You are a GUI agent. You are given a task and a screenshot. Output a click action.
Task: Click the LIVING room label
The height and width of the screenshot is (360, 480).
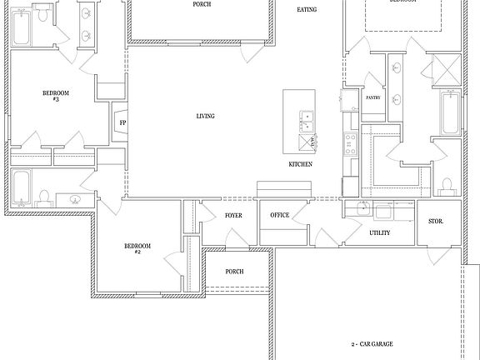point(205,116)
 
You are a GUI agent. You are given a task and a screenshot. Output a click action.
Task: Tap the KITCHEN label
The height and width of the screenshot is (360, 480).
point(300,164)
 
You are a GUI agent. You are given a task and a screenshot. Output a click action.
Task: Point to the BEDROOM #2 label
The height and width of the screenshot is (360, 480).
point(137,247)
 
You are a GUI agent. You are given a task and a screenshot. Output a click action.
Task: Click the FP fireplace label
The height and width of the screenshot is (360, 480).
point(122,124)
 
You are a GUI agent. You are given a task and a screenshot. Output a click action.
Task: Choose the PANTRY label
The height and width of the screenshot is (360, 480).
point(373,97)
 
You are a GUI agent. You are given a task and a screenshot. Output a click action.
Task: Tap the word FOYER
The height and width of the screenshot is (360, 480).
point(233,216)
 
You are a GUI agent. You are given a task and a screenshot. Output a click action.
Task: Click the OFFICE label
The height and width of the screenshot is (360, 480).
point(279,216)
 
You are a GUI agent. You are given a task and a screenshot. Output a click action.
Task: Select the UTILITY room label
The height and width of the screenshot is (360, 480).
point(380,232)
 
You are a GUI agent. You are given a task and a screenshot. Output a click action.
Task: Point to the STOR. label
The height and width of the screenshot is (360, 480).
point(435,222)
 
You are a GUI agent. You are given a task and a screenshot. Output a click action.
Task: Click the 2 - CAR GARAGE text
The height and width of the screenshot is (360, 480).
point(372,344)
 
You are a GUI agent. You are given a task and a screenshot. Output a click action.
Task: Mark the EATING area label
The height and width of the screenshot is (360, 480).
point(307,10)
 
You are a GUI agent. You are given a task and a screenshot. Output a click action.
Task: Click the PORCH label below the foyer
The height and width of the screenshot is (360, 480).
point(234,271)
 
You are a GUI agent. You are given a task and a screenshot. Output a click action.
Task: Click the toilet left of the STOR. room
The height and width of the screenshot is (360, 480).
point(447,185)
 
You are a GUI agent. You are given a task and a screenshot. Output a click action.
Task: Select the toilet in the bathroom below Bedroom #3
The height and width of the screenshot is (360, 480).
point(43,197)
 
